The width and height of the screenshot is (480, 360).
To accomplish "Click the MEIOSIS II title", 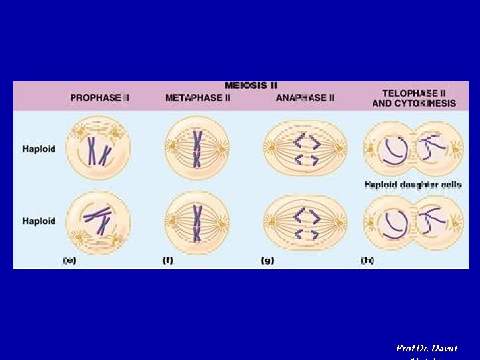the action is coord(251,85).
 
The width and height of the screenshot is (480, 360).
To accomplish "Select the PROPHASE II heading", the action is coord(100,97).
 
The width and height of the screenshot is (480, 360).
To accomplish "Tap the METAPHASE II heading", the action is coord(198,97).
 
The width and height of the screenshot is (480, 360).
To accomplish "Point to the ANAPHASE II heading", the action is coord(305,97).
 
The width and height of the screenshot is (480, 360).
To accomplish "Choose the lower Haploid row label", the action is coord(39,221).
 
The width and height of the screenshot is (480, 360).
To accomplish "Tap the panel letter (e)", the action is coord(69,261).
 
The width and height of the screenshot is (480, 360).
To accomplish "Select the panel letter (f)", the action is coord(168,261).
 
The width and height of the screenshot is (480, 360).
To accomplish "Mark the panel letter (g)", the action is coord(267,261).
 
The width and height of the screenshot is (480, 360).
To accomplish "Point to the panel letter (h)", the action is coord(367,261).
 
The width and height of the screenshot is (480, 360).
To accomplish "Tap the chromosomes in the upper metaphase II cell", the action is coord(197,148).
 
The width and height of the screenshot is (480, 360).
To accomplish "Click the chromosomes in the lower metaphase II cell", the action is coord(197,223).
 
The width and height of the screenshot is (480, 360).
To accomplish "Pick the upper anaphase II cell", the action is coord(305,148).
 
